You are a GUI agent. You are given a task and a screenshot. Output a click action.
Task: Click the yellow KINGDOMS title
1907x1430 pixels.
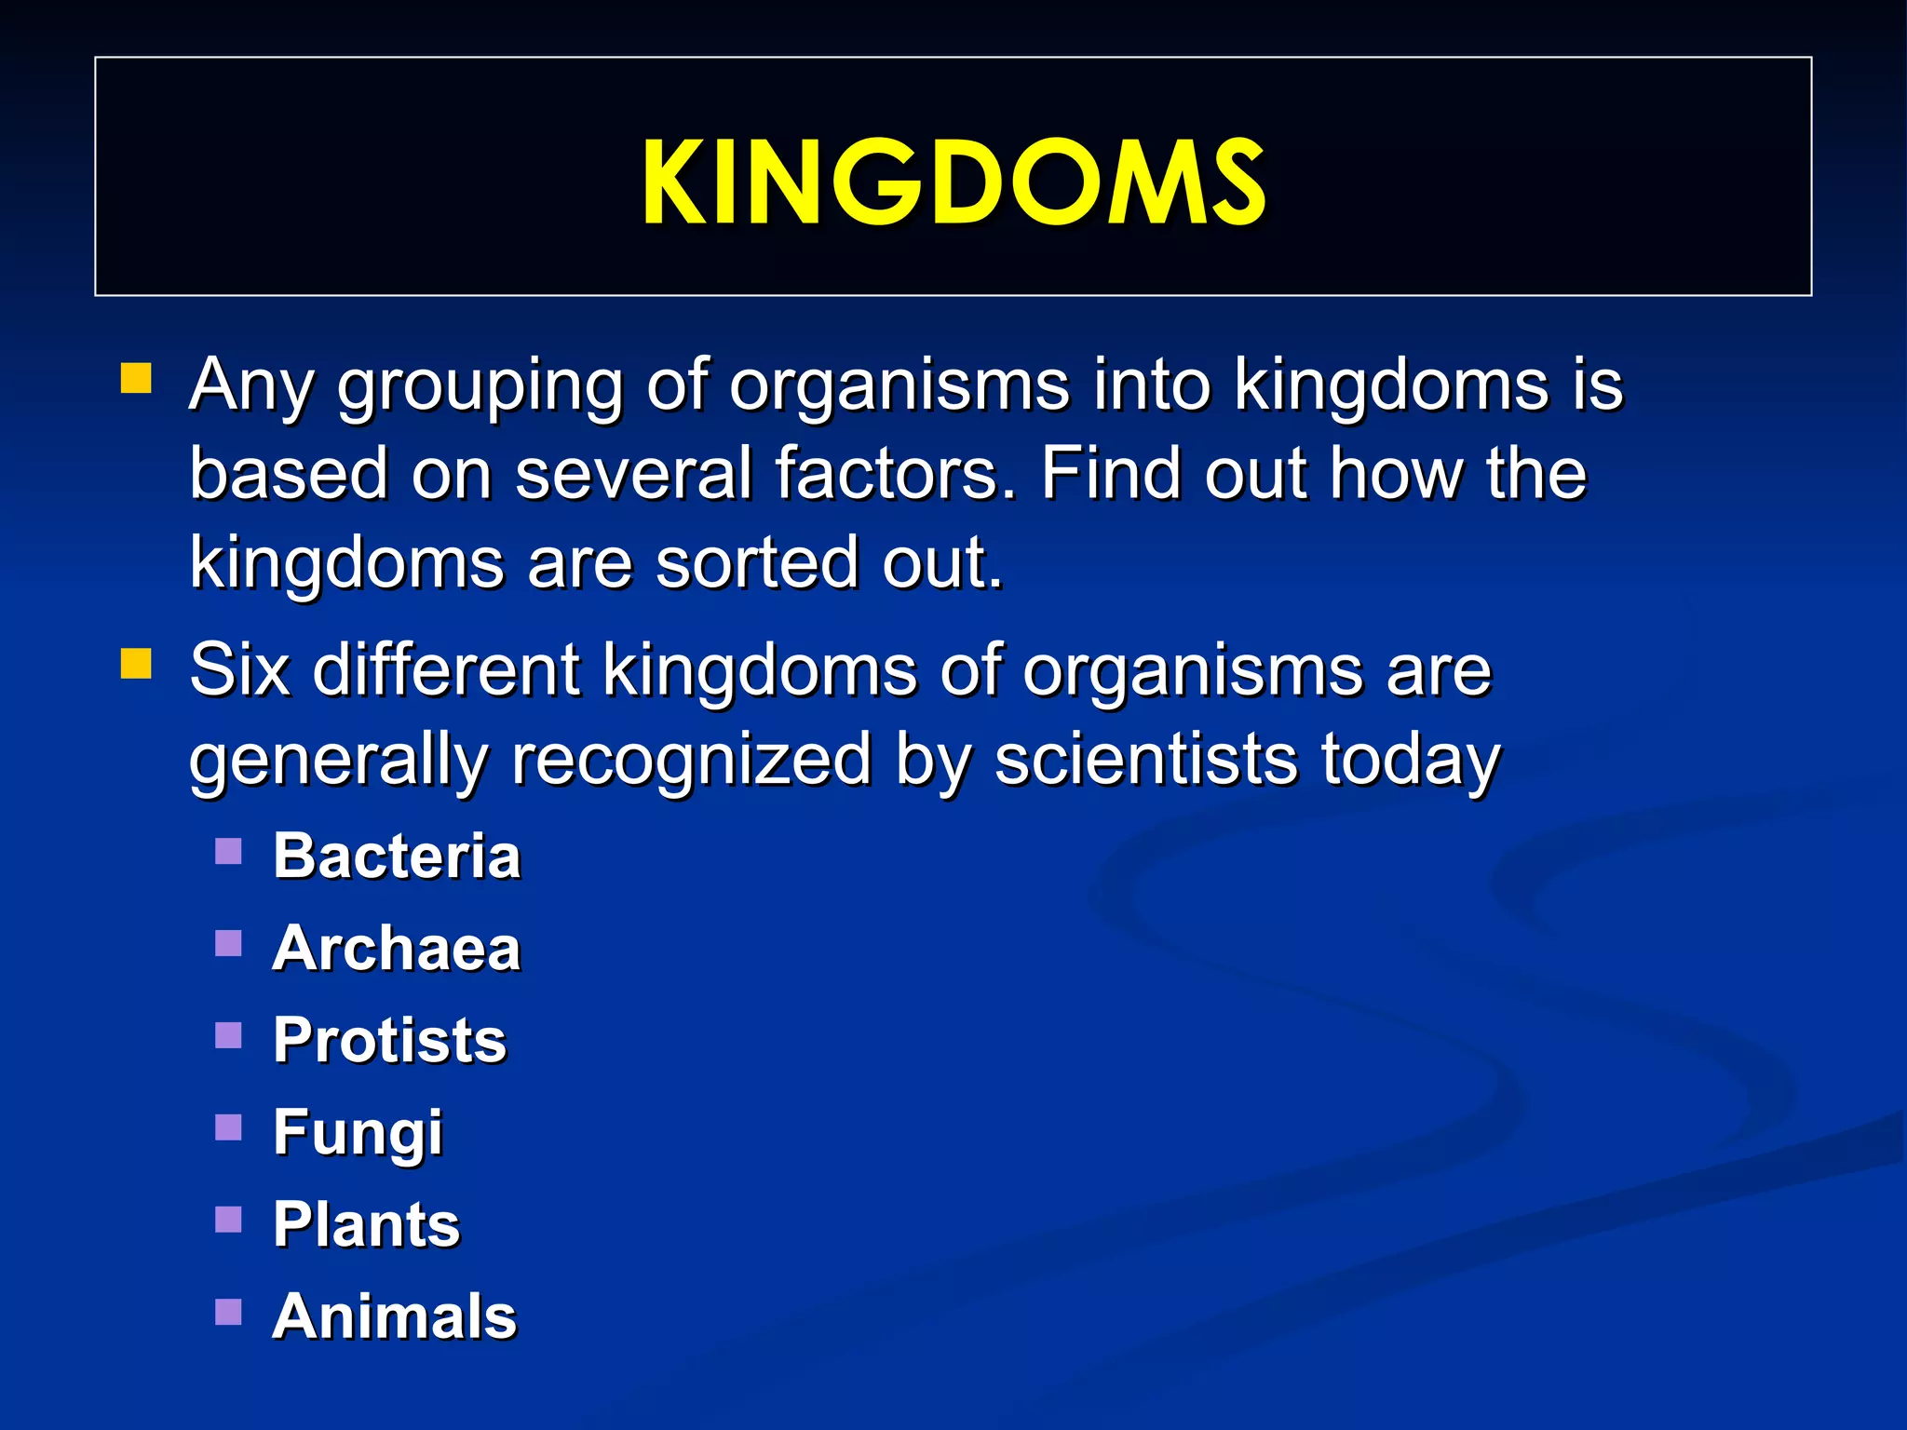[x=953, y=182]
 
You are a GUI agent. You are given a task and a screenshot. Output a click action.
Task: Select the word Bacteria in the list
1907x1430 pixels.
[x=396, y=856]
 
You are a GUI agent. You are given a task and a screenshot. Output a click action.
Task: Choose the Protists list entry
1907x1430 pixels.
[x=389, y=1040]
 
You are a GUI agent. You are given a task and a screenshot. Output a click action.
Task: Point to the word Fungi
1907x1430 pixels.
[x=358, y=1133]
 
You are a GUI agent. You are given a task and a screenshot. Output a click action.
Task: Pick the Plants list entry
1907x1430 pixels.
[x=366, y=1224]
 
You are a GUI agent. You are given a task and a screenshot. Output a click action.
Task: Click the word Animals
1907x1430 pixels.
[x=394, y=1316]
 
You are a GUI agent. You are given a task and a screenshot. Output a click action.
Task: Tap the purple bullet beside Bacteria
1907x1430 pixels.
[x=228, y=852]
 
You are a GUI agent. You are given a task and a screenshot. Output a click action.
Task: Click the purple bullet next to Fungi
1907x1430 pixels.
[x=228, y=1127]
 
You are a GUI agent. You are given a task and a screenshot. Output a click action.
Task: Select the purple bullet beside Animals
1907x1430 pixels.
[x=228, y=1312]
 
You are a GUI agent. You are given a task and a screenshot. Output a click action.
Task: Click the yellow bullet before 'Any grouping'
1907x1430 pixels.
[x=136, y=380]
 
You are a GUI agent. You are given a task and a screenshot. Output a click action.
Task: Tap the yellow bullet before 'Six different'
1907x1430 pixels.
[x=136, y=665]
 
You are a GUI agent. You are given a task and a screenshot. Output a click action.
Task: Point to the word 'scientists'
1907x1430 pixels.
[x=1145, y=759]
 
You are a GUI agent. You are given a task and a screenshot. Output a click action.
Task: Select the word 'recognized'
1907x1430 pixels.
[x=691, y=761]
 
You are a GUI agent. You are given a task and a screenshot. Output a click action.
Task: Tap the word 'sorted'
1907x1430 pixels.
[x=755, y=563]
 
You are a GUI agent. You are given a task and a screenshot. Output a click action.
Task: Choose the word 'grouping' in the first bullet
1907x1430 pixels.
[x=480, y=386]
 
